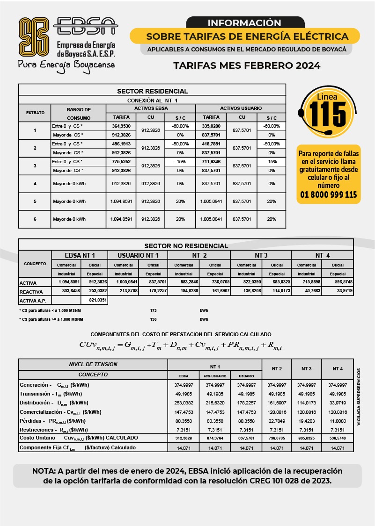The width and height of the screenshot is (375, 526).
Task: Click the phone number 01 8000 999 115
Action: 328,195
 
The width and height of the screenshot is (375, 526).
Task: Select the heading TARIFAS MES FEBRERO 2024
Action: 247,65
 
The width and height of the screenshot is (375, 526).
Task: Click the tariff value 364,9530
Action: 121,126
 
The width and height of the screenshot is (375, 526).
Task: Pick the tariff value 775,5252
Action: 121,162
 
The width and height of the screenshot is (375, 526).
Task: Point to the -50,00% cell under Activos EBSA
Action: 180,144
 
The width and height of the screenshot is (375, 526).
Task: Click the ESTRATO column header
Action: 35,113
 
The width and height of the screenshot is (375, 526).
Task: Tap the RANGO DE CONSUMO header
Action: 79,114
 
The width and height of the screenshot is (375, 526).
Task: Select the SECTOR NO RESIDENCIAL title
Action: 186,245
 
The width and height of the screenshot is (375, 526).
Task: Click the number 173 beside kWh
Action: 153,310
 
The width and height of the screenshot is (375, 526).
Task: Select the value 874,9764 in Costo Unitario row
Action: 215,438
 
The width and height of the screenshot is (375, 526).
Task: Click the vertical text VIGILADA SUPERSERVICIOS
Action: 359,396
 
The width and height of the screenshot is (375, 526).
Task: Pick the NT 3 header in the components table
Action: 306,369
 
